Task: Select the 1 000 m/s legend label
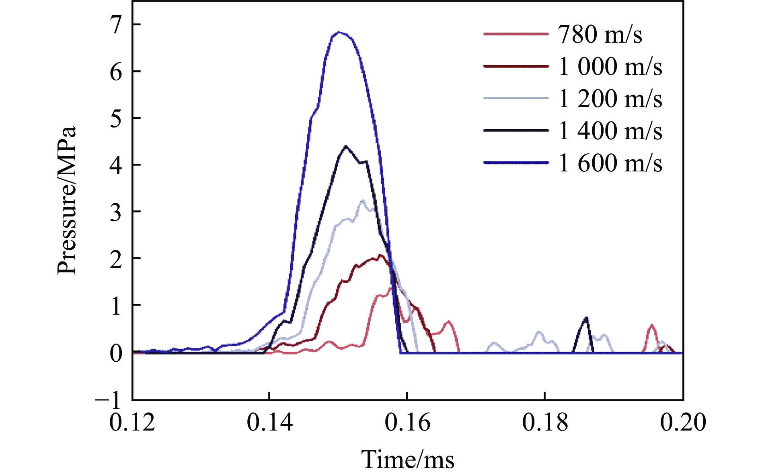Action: point(610,66)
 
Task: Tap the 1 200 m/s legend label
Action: point(610,99)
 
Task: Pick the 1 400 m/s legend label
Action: point(610,131)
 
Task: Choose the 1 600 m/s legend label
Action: point(610,163)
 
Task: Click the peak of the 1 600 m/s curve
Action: point(340,32)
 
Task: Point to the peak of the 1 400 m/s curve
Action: point(346,146)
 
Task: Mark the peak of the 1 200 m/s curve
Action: point(363,200)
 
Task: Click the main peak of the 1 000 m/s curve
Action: point(380,255)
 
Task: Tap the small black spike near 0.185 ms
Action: point(587,318)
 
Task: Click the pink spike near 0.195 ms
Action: point(651,325)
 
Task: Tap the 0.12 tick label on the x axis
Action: point(132,422)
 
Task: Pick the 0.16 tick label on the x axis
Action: point(407,422)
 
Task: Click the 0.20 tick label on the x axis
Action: point(683,422)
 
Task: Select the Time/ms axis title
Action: point(408,459)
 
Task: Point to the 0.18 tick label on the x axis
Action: point(545,422)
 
